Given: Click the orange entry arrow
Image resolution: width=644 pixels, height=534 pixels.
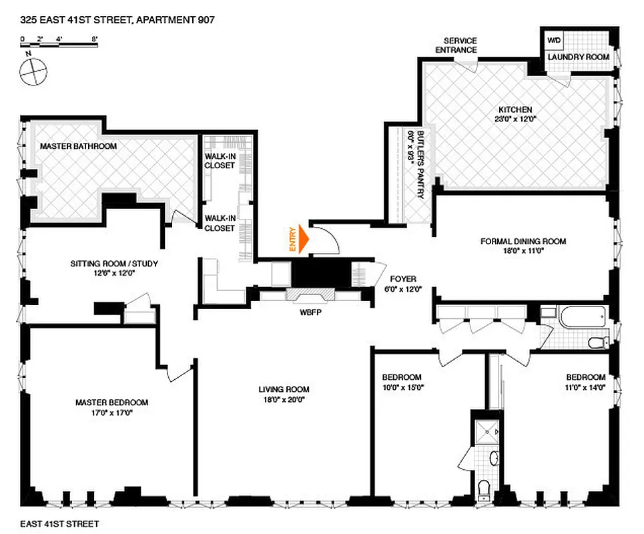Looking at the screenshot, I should tap(304, 239).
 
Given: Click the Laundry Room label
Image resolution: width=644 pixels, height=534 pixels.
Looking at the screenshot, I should tap(579, 57).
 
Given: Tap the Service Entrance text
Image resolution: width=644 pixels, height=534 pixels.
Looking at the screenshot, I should tap(457, 45).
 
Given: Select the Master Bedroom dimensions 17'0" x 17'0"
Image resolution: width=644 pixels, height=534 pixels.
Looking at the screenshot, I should tap(111, 413).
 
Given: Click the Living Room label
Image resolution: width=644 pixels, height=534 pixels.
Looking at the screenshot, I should tap(284, 389).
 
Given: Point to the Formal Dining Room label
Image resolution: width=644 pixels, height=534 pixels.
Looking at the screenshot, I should tap(523, 242).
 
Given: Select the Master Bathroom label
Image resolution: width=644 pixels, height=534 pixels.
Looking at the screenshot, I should tap(79, 146).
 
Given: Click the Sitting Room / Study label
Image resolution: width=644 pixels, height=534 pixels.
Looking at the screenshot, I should tap(114, 264).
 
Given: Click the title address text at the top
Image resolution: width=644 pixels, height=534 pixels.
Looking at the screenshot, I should tap(117, 21).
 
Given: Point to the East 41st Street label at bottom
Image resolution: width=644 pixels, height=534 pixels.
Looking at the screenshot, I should tap(59, 524).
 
